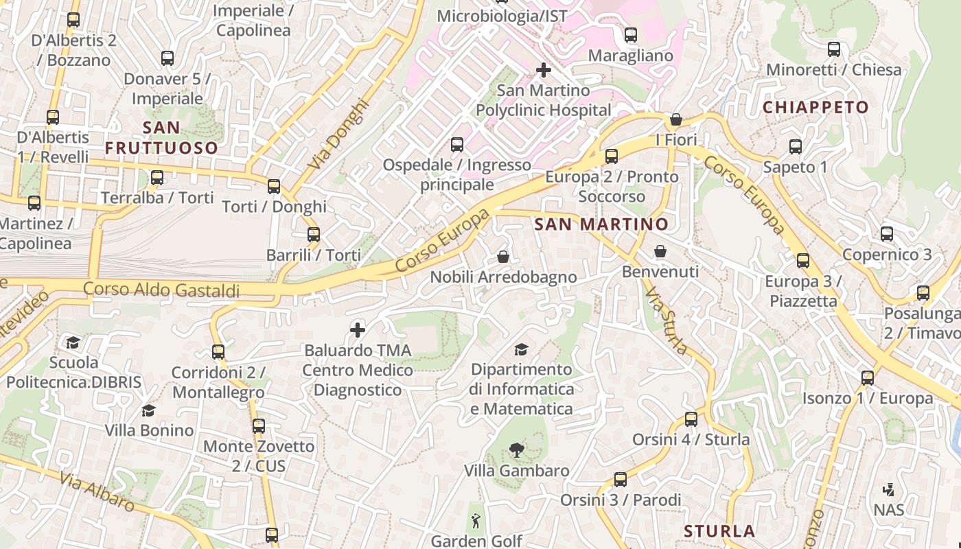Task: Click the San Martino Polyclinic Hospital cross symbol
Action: [x=544, y=70]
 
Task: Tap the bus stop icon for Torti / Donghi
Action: [x=274, y=186]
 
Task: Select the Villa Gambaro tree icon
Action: [x=516, y=450]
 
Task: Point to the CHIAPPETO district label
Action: [x=815, y=107]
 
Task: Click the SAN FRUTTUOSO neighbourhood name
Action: [x=161, y=138]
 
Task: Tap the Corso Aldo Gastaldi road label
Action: [x=161, y=290]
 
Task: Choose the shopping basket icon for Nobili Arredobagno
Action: [x=503, y=257]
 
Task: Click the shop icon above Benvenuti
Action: [x=660, y=251]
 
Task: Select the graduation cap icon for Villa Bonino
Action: [x=148, y=410]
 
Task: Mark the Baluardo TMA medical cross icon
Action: [x=358, y=330]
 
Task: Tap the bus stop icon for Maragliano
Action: [x=630, y=34]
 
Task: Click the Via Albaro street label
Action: [x=97, y=491]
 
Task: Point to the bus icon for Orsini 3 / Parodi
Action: [x=621, y=480]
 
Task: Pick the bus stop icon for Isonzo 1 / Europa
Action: [x=868, y=378]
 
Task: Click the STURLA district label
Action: [x=719, y=531]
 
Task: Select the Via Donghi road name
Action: [x=338, y=136]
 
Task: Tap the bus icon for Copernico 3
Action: [x=887, y=234]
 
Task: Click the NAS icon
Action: [x=889, y=490]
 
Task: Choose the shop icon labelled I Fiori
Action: [x=676, y=119]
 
